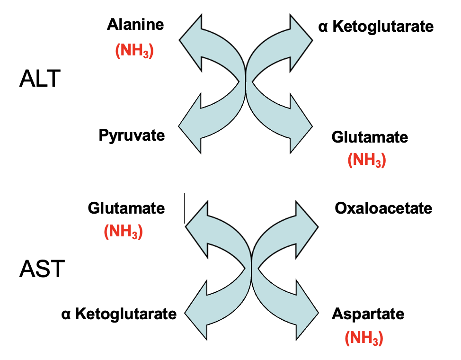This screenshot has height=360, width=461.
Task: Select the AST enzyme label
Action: point(41,270)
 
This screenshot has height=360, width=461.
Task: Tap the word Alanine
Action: point(135,25)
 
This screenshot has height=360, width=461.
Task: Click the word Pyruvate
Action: point(132,135)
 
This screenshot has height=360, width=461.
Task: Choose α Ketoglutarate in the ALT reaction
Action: point(376,27)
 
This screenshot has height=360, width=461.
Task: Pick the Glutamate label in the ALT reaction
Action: point(370,137)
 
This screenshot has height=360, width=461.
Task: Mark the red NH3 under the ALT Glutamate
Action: point(367,161)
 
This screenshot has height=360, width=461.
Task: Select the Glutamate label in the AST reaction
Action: point(126,208)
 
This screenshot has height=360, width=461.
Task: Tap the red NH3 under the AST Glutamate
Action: point(123,232)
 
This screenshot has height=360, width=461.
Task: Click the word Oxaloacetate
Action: point(383,208)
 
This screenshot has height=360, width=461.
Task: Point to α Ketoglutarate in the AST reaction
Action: point(119,314)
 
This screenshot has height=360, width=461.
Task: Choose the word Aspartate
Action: point(368,314)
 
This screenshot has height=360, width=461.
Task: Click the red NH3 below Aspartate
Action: point(364,338)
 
